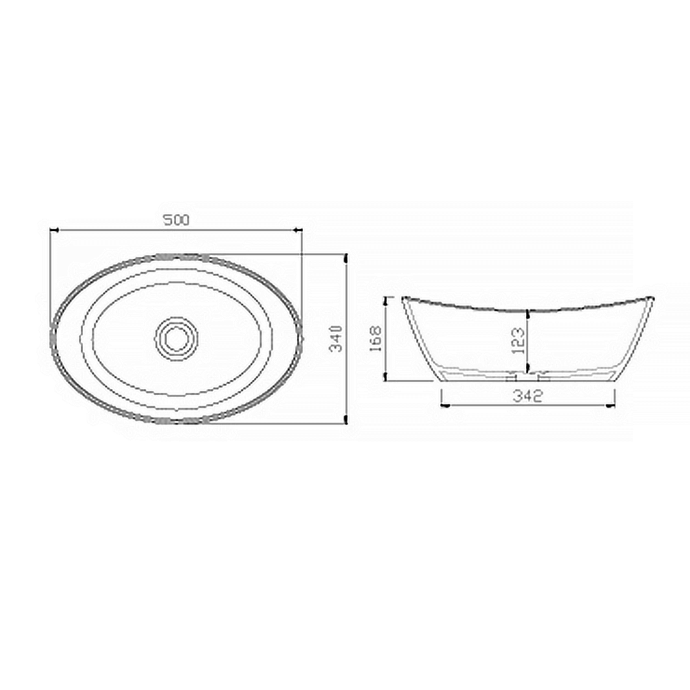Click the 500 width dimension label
pyautogui.click(x=175, y=220)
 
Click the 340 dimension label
pyautogui.click(x=336, y=339)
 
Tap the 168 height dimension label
pyautogui.click(x=375, y=339)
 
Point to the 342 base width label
pyautogui.click(x=527, y=397)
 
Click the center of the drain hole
pyautogui.click(x=175, y=337)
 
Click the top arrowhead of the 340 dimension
pyautogui.click(x=346, y=258)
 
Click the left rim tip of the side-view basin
pyautogui.click(x=404, y=298)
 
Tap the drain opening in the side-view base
pyautogui.click(x=527, y=376)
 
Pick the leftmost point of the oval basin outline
pyautogui.click(x=51, y=337)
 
